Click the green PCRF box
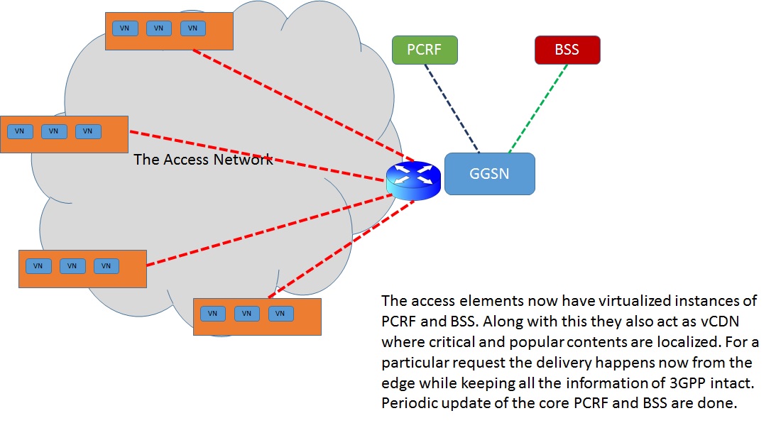click(x=425, y=50)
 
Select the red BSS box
click(x=567, y=50)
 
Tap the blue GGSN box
click(x=489, y=174)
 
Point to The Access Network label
click(x=203, y=160)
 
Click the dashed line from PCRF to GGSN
click(x=452, y=108)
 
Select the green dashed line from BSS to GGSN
click(x=539, y=108)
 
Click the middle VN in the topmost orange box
click(x=158, y=28)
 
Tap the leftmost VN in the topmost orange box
click(x=124, y=28)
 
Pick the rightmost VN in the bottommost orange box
click(x=280, y=314)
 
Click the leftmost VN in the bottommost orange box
click(x=212, y=314)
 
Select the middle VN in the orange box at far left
click(x=54, y=131)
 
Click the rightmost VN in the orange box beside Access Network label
click(x=88, y=131)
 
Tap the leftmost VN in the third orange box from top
click(x=38, y=266)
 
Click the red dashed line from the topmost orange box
click(x=298, y=104)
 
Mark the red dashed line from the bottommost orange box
click(x=341, y=248)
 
